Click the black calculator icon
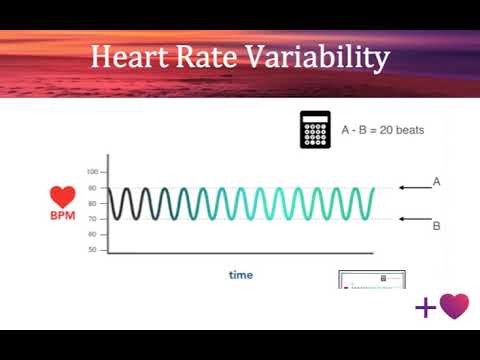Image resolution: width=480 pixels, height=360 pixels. (315, 130)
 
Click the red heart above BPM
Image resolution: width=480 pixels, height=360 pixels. (63, 198)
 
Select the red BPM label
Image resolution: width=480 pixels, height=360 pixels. (63, 215)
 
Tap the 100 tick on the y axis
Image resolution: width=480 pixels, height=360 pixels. (92, 172)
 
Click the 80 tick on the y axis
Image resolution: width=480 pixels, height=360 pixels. (92, 188)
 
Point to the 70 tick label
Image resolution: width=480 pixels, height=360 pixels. (92, 218)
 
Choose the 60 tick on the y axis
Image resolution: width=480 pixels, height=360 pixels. (92, 234)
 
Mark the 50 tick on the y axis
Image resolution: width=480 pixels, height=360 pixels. (92, 249)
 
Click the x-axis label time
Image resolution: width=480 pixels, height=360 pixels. (240, 274)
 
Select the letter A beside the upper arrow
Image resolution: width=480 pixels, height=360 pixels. (436, 182)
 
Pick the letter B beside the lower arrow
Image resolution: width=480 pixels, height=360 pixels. (436, 226)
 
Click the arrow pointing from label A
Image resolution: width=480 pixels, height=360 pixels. (413, 187)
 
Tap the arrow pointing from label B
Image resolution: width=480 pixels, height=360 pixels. (413, 219)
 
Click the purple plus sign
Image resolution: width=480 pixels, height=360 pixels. (425, 307)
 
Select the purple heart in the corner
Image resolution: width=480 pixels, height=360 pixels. (454, 306)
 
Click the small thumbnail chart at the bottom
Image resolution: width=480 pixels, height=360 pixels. (372, 279)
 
